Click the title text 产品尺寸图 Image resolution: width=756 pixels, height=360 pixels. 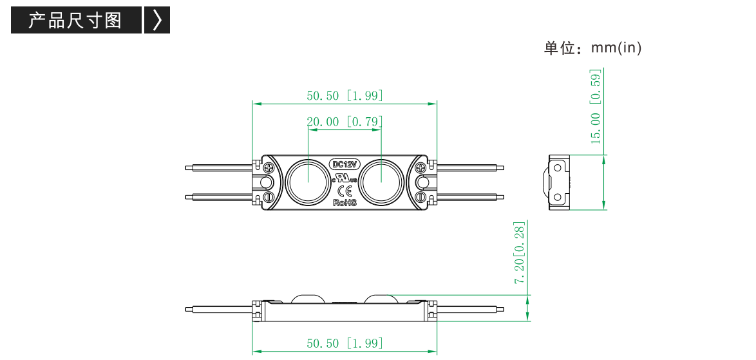[75, 20]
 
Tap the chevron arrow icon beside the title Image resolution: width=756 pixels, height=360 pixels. [157, 20]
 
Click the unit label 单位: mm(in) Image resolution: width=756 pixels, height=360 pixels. [592, 48]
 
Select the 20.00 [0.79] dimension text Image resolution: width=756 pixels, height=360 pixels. [345, 122]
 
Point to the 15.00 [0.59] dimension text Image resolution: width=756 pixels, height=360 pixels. [596, 107]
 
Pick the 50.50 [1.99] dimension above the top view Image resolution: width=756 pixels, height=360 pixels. [345, 95]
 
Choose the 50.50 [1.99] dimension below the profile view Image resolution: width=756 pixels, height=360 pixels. [345, 343]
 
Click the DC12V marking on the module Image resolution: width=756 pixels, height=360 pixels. [345, 164]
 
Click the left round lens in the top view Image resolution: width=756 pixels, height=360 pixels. [308, 182]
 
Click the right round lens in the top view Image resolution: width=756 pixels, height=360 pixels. [382, 182]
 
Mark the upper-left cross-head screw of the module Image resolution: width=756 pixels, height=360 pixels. [268, 167]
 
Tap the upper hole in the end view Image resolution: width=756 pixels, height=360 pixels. [558, 167]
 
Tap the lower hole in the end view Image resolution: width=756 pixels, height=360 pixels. [558, 197]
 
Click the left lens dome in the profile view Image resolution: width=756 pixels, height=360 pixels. [310, 298]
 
